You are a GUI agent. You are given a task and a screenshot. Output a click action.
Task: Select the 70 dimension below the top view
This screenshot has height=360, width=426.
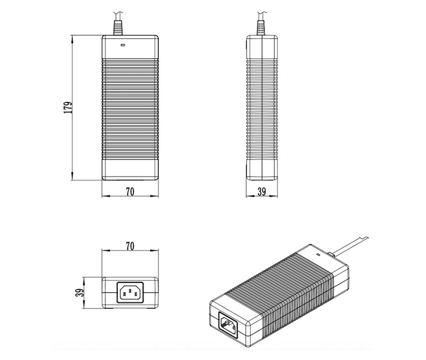tap(130, 192)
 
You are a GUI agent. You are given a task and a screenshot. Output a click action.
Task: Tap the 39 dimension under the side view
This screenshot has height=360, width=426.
tap(262, 192)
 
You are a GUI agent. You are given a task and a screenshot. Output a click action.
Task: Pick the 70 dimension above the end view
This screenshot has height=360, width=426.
tap(130, 246)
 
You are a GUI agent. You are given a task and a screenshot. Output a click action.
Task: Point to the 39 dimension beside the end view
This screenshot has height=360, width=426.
tap(79, 292)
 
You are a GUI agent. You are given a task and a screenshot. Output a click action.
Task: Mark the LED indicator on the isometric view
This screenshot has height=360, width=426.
tap(318, 255)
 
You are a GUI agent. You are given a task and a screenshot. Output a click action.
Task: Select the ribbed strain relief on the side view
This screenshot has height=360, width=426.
tap(261, 27)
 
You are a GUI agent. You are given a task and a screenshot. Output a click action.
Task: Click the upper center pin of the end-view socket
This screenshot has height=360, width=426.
tap(130, 288)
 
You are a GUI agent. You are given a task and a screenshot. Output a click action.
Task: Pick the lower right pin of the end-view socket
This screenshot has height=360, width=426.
tap(135, 295)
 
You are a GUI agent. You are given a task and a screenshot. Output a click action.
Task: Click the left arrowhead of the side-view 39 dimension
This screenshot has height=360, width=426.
tap(247, 196)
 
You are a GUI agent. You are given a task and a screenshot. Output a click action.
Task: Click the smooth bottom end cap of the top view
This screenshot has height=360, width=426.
tap(130, 170)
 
